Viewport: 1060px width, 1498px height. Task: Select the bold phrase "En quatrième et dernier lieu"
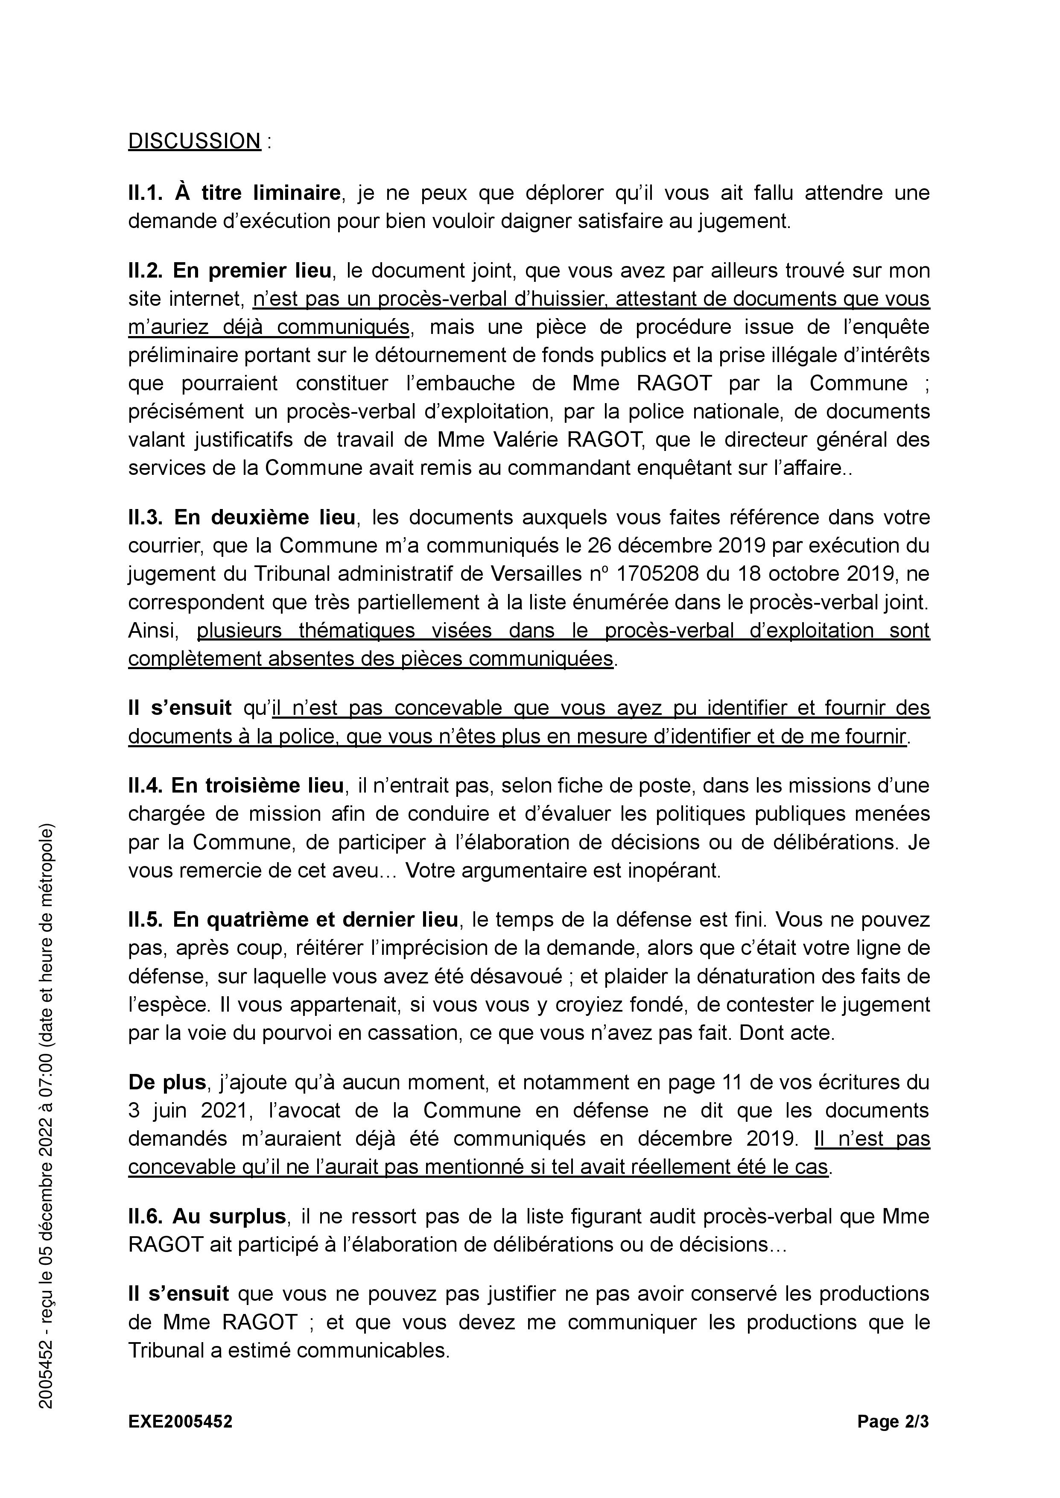point(315,920)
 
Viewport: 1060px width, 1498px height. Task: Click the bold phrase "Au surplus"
point(229,1217)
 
